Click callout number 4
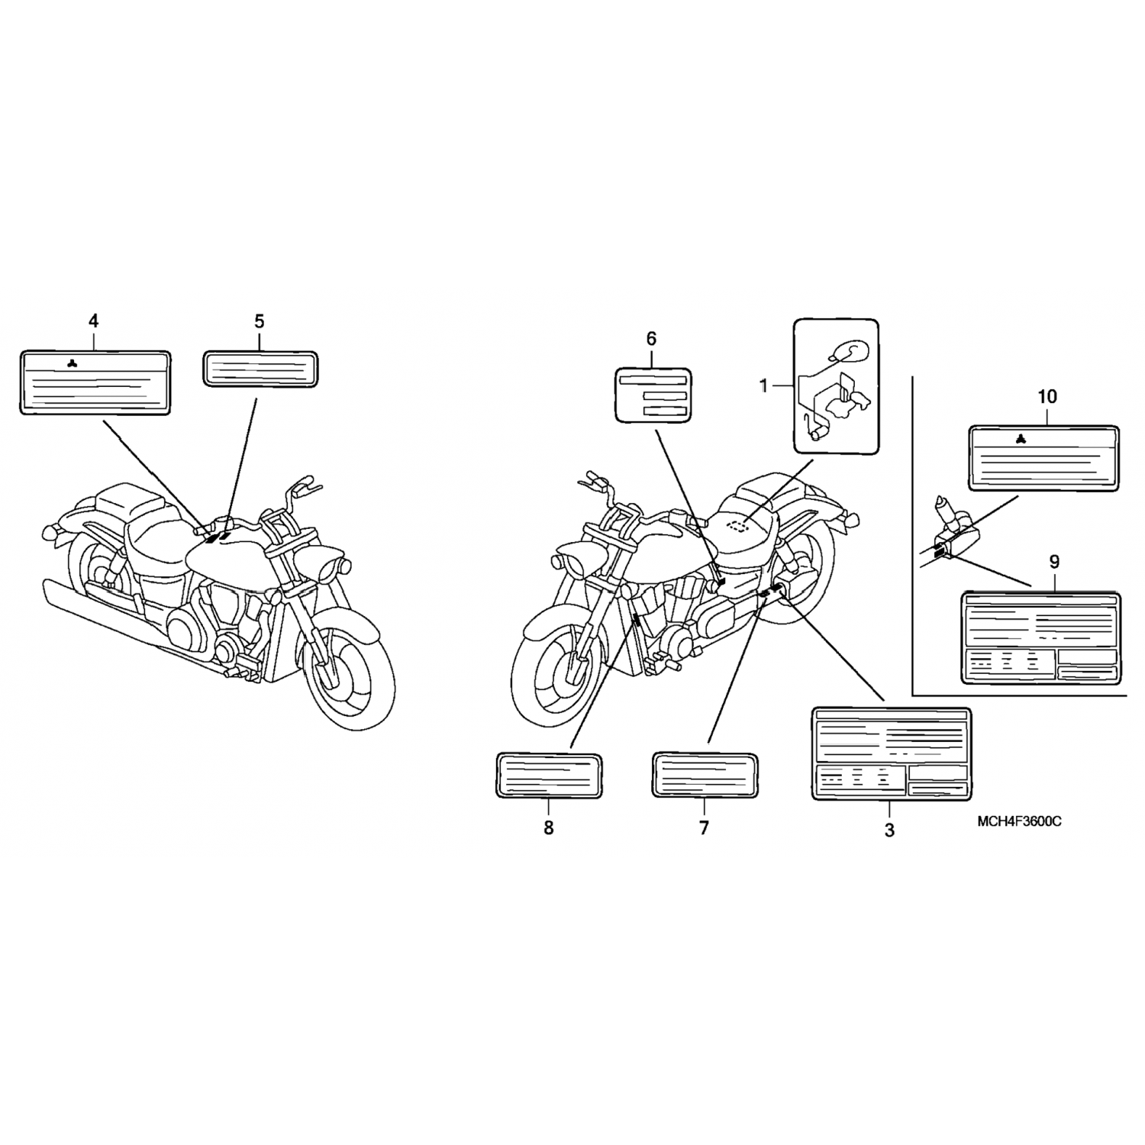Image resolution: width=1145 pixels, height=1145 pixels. (x=94, y=321)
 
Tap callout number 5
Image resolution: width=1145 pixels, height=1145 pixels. (x=260, y=321)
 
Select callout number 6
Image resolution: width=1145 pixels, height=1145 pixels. (x=651, y=338)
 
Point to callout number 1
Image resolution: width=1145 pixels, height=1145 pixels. (x=763, y=387)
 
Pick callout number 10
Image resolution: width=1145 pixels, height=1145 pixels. (x=1047, y=397)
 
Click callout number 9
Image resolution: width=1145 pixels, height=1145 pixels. (x=1053, y=563)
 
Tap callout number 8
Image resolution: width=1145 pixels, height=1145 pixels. (x=549, y=827)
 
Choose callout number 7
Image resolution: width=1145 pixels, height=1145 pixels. (x=704, y=827)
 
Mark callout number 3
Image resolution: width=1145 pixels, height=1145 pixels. (x=889, y=830)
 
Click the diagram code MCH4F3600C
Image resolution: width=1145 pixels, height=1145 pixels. (x=1018, y=821)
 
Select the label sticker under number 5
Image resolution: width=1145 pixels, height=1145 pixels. (x=260, y=370)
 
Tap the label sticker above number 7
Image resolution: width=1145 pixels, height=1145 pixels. (x=705, y=775)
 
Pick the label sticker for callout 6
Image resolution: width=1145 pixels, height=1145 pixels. (x=653, y=395)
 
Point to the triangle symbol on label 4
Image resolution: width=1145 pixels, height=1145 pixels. (x=72, y=363)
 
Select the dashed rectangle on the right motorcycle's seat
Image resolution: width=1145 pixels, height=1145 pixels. (x=738, y=526)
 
